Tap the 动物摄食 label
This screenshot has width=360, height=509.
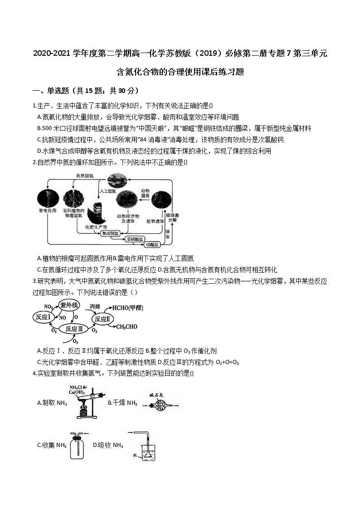145,194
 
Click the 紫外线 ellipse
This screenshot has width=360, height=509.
69,305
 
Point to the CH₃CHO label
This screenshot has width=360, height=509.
127,326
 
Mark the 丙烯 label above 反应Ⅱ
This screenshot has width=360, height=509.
95,306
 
